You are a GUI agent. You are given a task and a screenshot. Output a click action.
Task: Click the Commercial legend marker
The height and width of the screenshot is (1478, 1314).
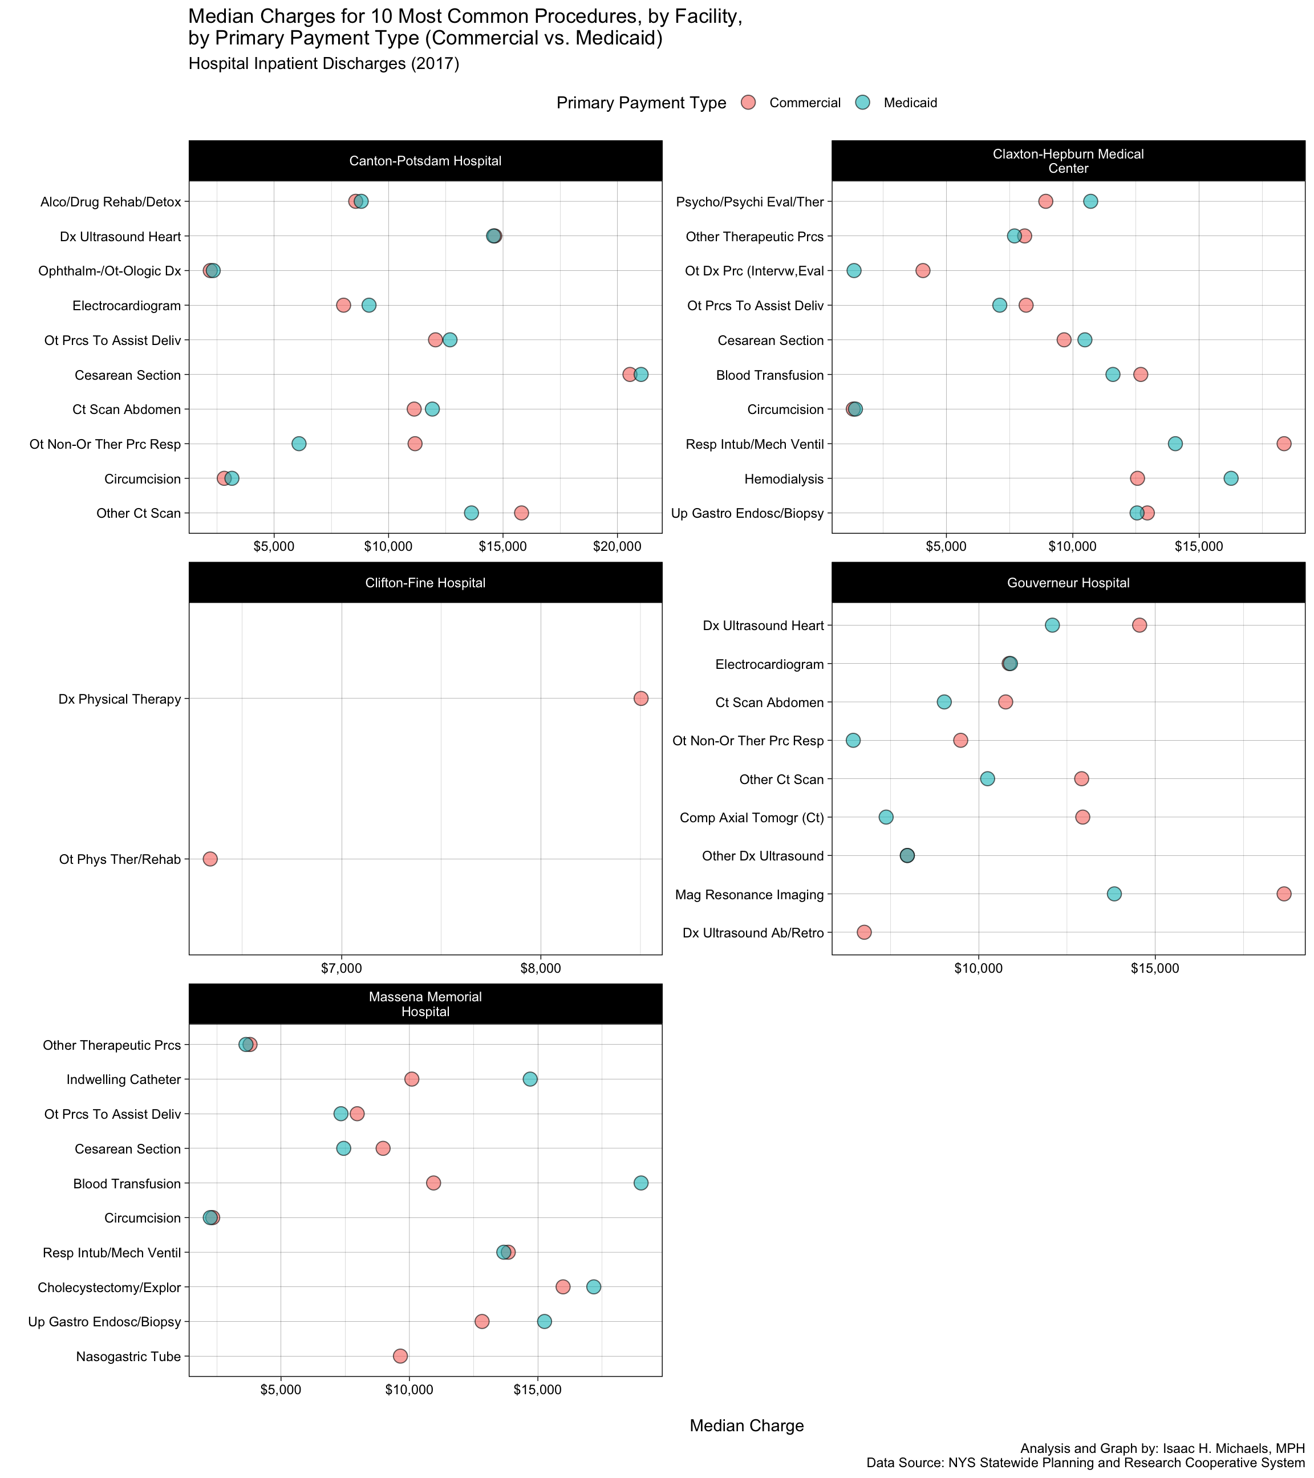coord(748,103)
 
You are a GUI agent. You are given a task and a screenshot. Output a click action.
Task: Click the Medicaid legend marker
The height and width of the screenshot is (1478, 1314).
coord(863,103)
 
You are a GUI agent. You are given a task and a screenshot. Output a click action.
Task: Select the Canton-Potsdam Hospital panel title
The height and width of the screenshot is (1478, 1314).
coord(425,161)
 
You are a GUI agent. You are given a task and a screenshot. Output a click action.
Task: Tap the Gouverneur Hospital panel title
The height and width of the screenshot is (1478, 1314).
coord(1068,583)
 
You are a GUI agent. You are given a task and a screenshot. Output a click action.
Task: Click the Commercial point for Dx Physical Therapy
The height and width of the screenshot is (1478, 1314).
coord(640,699)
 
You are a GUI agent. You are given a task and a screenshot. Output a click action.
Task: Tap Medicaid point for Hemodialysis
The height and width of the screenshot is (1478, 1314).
coord(1231,478)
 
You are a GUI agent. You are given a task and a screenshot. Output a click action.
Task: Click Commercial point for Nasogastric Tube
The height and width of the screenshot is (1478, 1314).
coord(400,1356)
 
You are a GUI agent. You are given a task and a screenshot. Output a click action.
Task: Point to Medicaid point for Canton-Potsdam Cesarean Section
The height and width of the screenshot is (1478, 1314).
coord(642,375)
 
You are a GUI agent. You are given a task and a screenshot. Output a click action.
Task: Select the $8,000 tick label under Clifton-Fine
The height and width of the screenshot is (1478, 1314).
coord(540,968)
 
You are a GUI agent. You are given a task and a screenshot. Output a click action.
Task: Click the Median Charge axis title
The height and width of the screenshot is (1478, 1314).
coord(747,1426)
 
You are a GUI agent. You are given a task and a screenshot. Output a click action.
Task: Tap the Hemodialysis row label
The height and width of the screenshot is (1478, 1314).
coord(784,478)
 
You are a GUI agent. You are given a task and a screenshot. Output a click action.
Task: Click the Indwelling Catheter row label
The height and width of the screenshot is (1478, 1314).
coord(124,1079)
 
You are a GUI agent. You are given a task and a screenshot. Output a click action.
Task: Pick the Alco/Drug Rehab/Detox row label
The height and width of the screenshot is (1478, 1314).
coord(111,202)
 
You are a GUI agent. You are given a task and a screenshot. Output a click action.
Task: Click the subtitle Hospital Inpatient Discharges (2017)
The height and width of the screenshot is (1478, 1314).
coord(324,64)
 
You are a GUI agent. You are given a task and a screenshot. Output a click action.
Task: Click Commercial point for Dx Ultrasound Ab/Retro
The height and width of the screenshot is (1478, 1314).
coord(864,933)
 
